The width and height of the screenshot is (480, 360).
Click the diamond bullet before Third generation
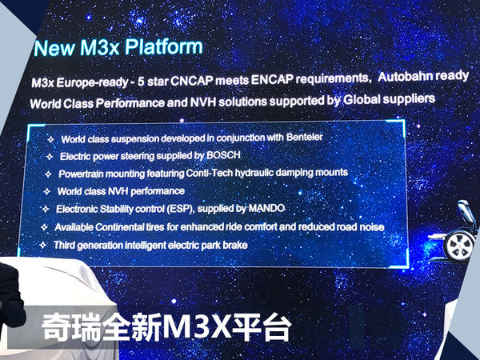[44, 245]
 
